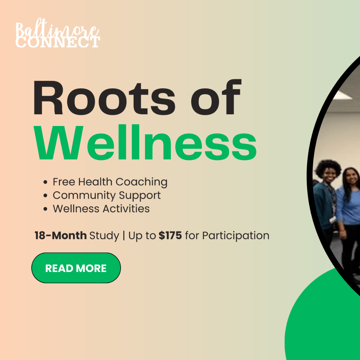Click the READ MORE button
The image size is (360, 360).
tap(76, 268)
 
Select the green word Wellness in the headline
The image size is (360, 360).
tap(145, 142)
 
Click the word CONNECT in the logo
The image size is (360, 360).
tap(58, 42)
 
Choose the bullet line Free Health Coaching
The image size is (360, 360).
tap(110, 182)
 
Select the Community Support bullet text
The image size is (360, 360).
tap(107, 196)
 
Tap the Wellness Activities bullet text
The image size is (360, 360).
tap(101, 209)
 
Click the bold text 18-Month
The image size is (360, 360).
tap(61, 236)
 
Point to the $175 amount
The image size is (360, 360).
tap(170, 236)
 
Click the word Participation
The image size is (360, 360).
tap(236, 236)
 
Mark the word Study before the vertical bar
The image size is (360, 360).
tap(104, 236)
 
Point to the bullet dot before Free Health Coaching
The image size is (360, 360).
tap(45, 182)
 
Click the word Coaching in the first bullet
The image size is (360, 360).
tap(141, 182)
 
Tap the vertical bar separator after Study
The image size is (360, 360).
tap(124, 236)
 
